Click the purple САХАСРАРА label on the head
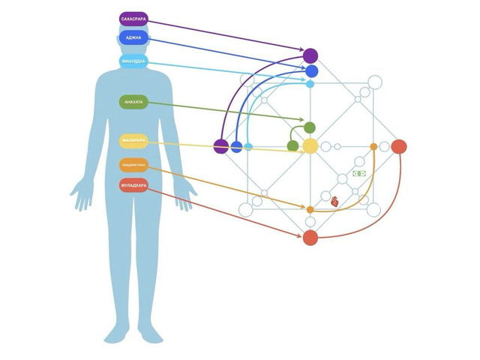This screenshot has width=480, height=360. pyautogui.click(x=133, y=17)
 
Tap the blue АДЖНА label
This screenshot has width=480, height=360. pyautogui.click(x=133, y=37)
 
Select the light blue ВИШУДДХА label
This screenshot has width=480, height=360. pyautogui.click(x=133, y=61)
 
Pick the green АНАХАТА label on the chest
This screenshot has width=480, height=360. pyautogui.click(x=133, y=102)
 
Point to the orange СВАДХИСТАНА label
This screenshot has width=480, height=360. pyautogui.click(x=133, y=165)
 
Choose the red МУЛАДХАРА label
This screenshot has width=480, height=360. pyautogui.click(x=133, y=184)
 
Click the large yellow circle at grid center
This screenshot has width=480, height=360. pyautogui.click(x=310, y=145)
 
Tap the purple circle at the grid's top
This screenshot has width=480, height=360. pyautogui.click(x=310, y=55)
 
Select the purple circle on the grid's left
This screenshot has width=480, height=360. pyautogui.click(x=220, y=146)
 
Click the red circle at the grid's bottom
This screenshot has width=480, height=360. pyautogui.click(x=310, y=237)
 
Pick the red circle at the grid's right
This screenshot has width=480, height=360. pyautogui.click(x=399, y=145)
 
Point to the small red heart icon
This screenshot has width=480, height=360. pyautogui.click(x=336, y=201)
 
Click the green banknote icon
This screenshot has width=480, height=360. pyautogui.click(x=359, y=174)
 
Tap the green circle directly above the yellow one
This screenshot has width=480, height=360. pyautogui.click(x=310, y=127)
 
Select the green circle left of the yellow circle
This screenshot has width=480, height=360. pyautogui.click(x=292, y=145)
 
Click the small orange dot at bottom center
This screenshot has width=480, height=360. pyautogui.click(x=310, y=209)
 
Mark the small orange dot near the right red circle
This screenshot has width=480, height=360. pyautogui.click(x=373, y=146)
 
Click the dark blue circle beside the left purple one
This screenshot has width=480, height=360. pyautogui.click(x=236, y=146)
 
